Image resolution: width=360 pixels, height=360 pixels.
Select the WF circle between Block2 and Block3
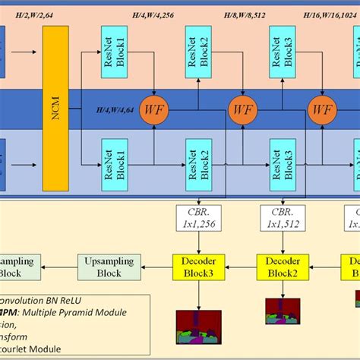[243, 109]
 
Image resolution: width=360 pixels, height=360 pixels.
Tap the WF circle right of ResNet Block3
[322, 109]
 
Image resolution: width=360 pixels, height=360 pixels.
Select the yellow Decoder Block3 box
[196, 267]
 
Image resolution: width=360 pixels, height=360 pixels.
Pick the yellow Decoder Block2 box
[281, 267]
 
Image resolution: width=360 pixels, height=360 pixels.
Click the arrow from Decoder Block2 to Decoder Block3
[238, 267]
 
